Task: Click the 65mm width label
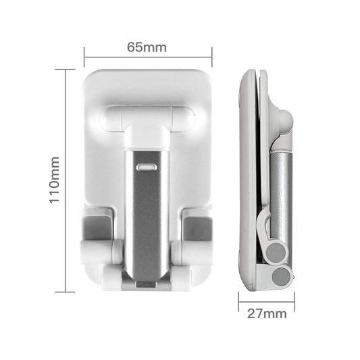click(147, 47)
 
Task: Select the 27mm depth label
click(267, 313)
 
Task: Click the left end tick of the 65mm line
click(84, 57)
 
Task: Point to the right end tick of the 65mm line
click(212, 57)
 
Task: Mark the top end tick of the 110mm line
click(65, 69)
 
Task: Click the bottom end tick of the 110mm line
click(65, 292)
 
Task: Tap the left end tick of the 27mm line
click(238, 301)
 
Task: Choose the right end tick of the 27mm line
click(294, 301)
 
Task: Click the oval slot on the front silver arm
click(147, 165)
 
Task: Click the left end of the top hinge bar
click(110, 120)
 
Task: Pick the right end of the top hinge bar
click(184, 120)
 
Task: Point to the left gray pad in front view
click(98, 228)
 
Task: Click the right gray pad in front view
click(197, 228)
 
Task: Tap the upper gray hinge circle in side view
click(276, 252)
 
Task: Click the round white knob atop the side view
click(285, 120)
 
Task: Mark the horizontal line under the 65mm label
click(148, 57)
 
